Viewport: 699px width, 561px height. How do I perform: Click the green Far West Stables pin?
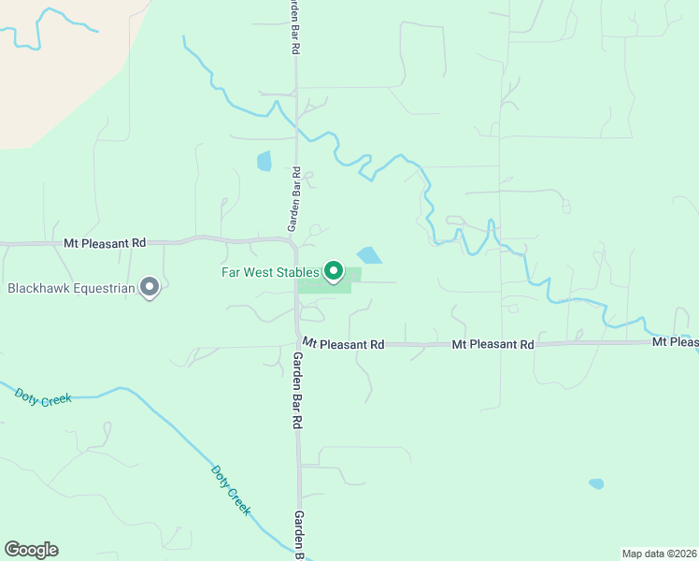pyautogui.click(x=335, y=271)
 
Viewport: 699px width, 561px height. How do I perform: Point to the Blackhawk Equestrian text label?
pyautogui.click(x=71, y=288)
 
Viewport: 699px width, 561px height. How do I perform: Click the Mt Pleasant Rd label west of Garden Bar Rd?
pyautogui.click(x=105, y=242)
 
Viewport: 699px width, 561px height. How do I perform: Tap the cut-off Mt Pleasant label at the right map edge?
pyautogui.click(x=675, y=342)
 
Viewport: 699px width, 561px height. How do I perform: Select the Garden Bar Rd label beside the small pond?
pyautogui.click(x=292, y=199)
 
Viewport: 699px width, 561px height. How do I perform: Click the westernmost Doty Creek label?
pyautogui.click(x=44, y=397)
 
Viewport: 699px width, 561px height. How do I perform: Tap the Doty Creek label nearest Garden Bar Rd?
pyautogui.click(x=231, y=490)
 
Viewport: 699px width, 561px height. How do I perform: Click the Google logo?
pyautogui.click(x=32, y=550)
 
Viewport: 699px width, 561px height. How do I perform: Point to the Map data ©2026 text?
pyautogui.click(x=659, y=553)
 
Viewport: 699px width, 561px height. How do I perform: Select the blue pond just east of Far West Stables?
pyautogui.click(x=369, y=255)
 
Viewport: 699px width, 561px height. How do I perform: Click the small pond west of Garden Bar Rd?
pyautogui.click(x=264, y=161)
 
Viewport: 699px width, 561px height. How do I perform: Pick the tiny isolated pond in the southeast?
pyautogui.click(x=595, y=484)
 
